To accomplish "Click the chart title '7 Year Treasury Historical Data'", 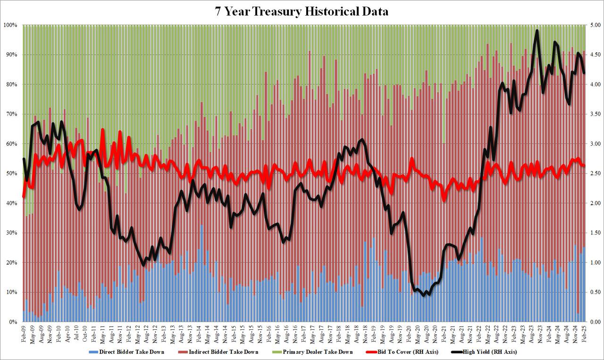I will [302, 12].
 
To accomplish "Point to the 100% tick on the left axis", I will [10, 25].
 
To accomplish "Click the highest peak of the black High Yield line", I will [537, 31].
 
